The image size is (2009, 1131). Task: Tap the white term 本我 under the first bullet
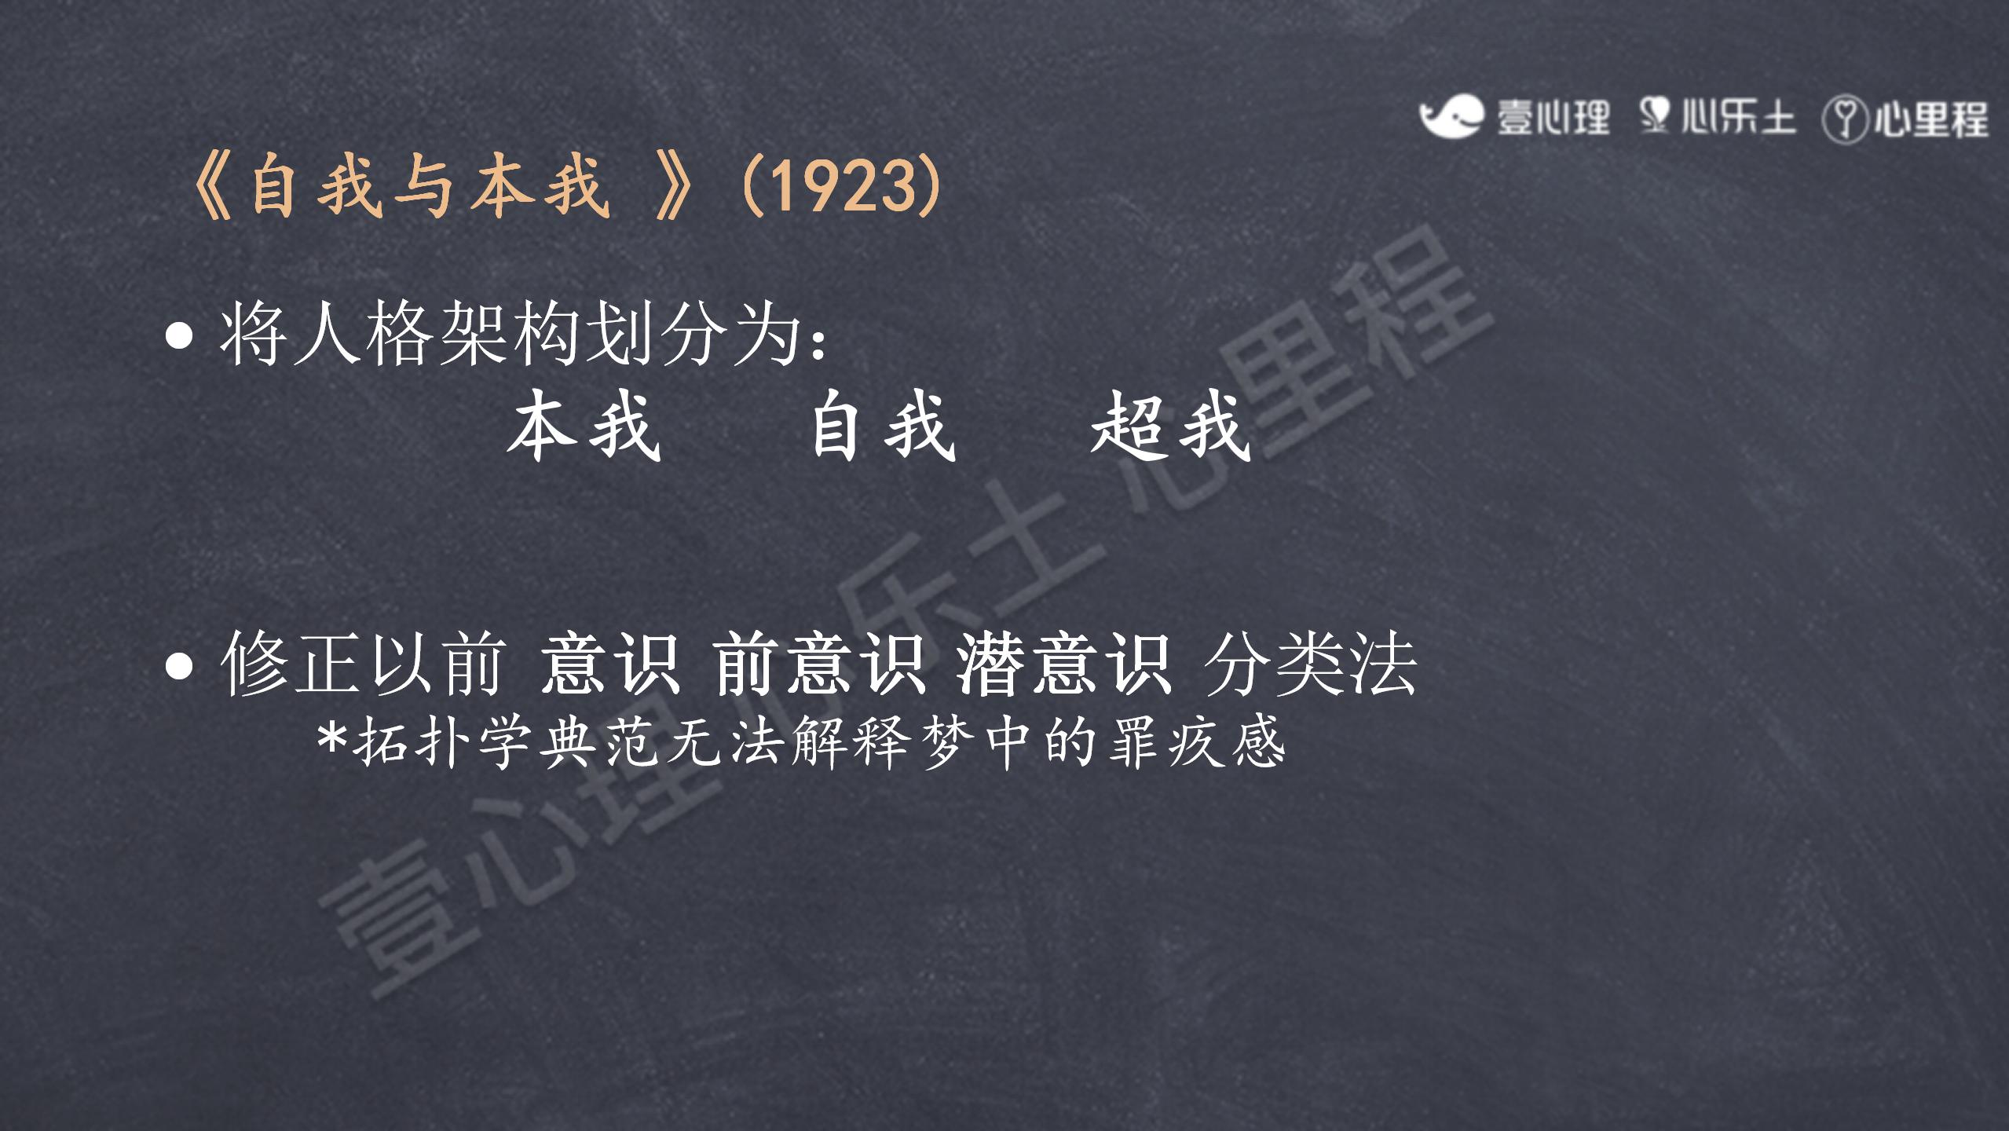584,426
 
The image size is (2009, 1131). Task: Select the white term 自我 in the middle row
883,426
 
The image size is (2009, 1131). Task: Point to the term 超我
1170,426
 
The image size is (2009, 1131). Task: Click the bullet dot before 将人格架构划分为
180,335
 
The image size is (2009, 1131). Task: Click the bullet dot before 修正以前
180,666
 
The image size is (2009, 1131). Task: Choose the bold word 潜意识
1064,664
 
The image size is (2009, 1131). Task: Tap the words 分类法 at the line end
1310,664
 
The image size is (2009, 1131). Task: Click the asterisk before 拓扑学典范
332,738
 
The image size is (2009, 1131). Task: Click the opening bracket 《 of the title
212,187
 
